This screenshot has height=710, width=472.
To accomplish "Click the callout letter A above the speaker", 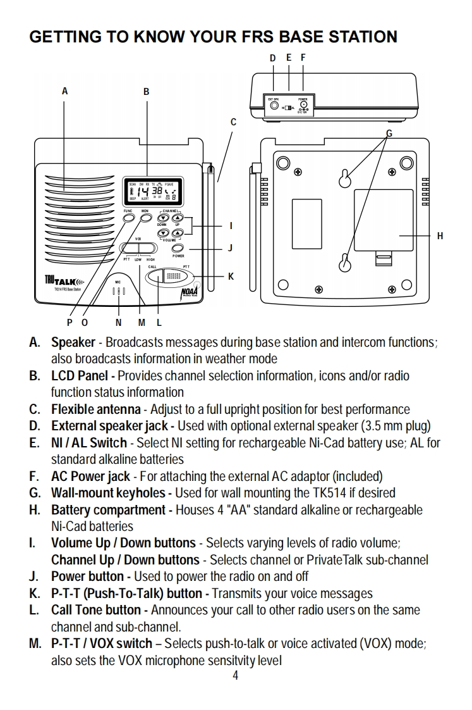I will (x=64, y=91).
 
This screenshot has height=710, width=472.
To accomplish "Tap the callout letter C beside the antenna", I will (x=233, y=121).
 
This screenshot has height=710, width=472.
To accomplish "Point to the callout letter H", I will (x=440, y=236).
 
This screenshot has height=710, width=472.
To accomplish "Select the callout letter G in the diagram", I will (x=389, y=133).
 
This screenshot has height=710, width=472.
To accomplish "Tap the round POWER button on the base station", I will (x=178, y=248).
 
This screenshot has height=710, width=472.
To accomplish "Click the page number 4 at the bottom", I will (x=236, y=676).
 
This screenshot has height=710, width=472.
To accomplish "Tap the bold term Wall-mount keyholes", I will (x=107, y=492).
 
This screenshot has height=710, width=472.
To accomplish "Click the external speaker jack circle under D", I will (x=274, y=105).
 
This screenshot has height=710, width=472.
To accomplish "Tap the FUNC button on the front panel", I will (x=128, y=217).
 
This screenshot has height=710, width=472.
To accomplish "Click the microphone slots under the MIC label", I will (x=118, y=292).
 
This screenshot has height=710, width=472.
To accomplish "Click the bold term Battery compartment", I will (x=108, y=509).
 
